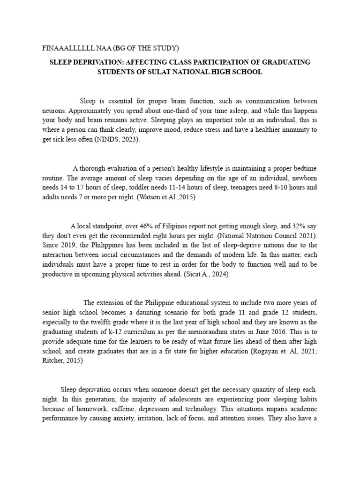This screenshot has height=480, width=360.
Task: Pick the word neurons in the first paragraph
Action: click(x=54, y=110)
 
